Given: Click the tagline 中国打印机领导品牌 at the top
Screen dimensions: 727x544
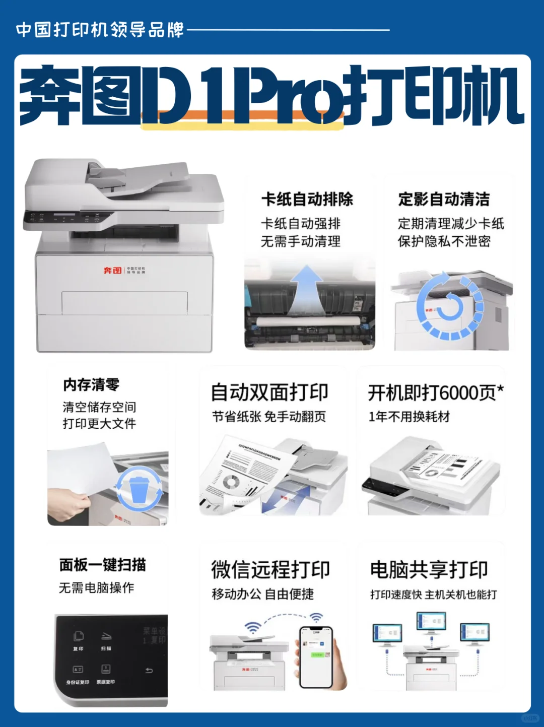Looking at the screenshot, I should point(100,30).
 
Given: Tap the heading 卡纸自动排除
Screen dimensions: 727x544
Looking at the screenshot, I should point(307,200).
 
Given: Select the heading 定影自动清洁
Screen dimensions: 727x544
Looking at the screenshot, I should point(444,200).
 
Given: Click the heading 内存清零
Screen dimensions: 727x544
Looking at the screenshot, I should point(91,385).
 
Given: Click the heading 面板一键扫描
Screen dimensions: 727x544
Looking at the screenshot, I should point(103,565).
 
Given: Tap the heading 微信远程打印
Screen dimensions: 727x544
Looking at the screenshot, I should point(270,570).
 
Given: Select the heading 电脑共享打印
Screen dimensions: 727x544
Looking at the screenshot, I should point(429,570).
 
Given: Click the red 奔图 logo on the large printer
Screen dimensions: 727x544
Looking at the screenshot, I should point(113,271).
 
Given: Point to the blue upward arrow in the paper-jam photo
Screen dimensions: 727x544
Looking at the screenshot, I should point(306,292).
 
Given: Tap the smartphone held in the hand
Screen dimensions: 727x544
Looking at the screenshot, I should point(316,656).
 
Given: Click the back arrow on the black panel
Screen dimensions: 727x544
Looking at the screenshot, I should point(149,670).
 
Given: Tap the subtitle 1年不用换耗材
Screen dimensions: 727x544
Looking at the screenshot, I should point(409,417).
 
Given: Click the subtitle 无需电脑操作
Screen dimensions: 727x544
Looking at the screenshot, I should point(96,588).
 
